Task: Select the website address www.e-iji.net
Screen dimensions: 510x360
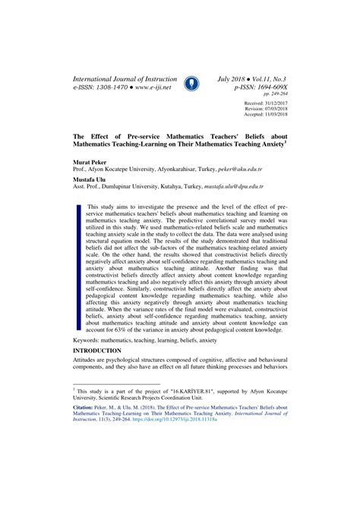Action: (150, 87)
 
